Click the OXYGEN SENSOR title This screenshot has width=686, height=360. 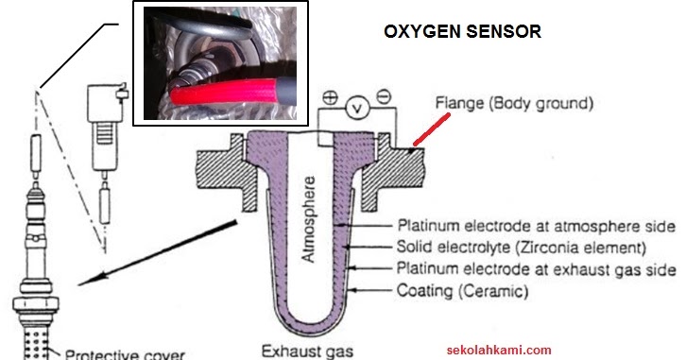click(x=462, y=30)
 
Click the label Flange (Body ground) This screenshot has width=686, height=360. click(x=515, y=101)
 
